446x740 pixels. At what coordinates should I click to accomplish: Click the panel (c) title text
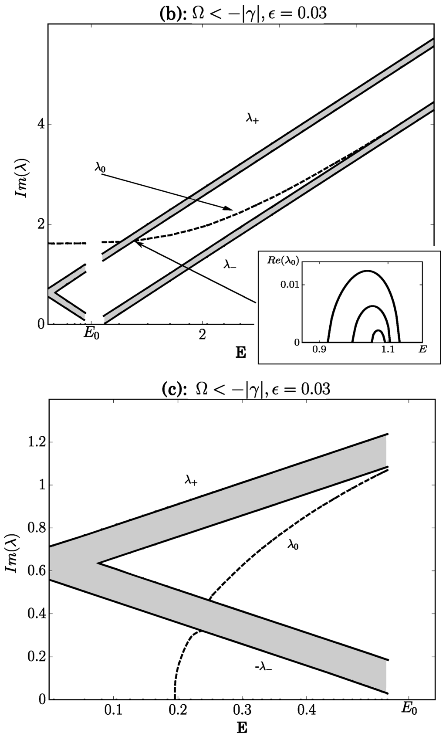tap(246, 389)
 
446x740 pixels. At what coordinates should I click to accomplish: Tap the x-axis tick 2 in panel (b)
tap(202, 335)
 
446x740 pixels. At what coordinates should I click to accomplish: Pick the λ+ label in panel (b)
tap(252, 119)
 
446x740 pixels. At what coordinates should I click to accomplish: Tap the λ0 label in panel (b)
tap(100, 168)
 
